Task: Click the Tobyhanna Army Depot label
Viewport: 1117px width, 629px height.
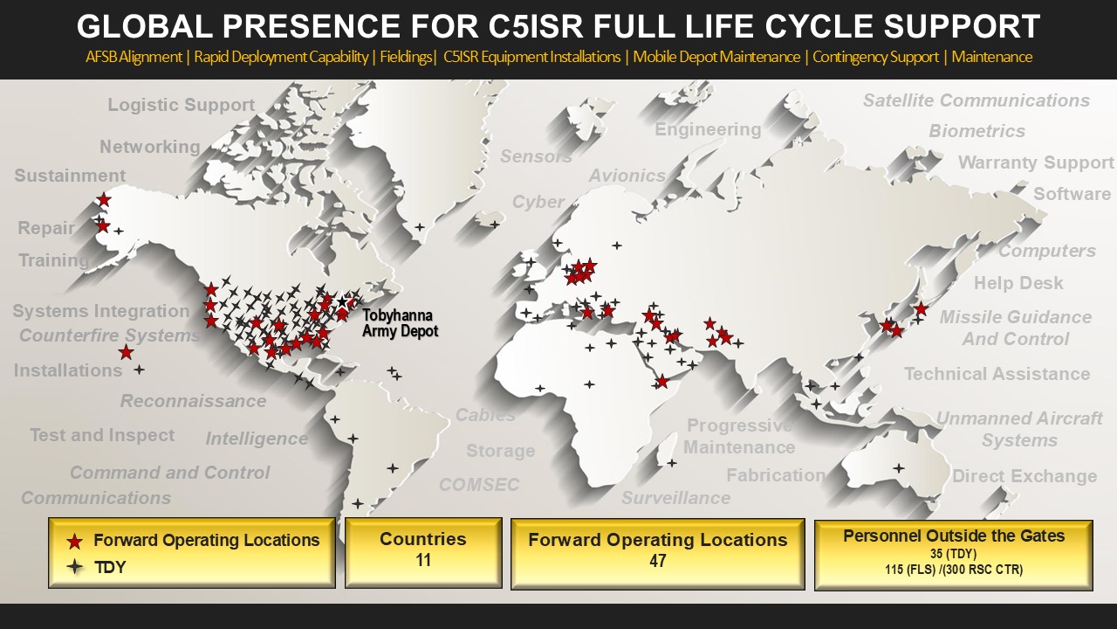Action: pyautogui.click(x=399, y=323)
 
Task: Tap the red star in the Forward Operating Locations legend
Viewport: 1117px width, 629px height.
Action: pyautogui.click(x=75, y=541)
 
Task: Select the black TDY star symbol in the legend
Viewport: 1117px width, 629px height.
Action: pyautogui.click(x=75, y=567)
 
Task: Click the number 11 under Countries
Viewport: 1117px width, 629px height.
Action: pyautogui.click(x=423, y=560)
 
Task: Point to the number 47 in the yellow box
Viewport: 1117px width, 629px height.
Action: pyautogui.click(x=657, y=561)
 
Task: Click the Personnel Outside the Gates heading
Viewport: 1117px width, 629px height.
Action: pyautogui.click(x=953, y=536)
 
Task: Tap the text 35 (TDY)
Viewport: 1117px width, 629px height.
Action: pyautogui.click(x=953, y=554)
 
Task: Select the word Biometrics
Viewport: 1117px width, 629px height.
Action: pyautogui.click(x=977, y=131)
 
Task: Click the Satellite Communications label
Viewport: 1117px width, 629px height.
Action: pyautogui.click(x=976, y=100)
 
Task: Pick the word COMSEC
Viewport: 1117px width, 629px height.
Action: pyautogui.click(x=479, y=484)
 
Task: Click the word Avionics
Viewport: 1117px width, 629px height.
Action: pyautogui.click(x=627, y=176)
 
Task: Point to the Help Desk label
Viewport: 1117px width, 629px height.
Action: pyautogui.click(x=1018, y=283)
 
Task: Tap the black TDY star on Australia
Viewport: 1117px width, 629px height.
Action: pyautogui.click(x=898, y=468)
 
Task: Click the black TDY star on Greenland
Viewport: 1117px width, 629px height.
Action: pyautogui.click(x=420, y=227)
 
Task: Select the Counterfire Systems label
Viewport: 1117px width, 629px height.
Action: pyautogui.click(x=110, y=335)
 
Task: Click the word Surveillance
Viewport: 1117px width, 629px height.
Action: pyautogui.click(x=675, y=498)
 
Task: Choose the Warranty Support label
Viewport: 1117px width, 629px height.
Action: pyautogui.click(x=1036, y=162)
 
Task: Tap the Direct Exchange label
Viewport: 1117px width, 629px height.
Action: pyautogui.click(x=1024, y=476)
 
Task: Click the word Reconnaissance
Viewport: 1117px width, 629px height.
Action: pyautogui.click(x=193, y=401)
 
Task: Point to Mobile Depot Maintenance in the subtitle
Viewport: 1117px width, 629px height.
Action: pyautogui.click(x=716, y=58)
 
